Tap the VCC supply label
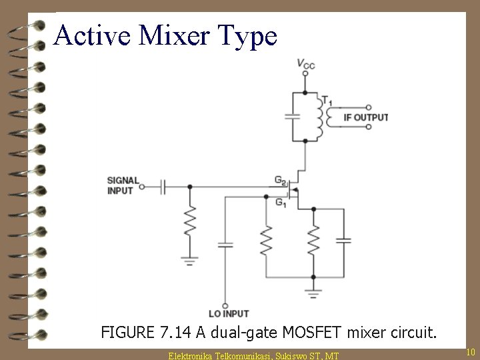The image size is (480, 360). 306,64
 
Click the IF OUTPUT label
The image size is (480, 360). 365,117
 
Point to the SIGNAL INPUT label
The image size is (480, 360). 123,185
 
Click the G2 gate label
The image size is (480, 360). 281,179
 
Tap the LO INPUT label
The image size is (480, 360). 228,313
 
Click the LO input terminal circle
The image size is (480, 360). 225,304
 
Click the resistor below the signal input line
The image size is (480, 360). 190,222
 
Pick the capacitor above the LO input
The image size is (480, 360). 225,244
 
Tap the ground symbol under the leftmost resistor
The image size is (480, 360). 190,260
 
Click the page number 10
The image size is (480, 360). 470,351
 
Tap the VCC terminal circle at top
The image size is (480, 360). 305,74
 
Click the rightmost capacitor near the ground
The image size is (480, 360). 343,240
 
